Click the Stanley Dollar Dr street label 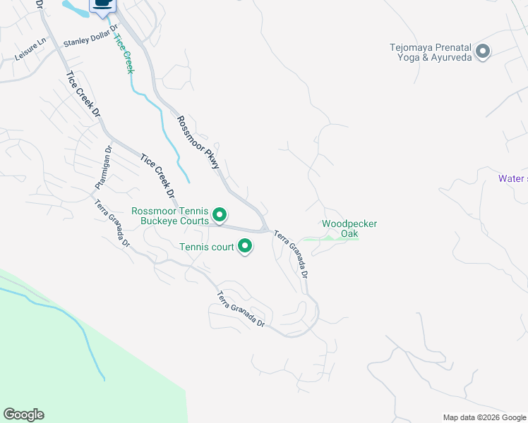point(90,42)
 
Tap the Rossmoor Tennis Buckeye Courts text point(170,216)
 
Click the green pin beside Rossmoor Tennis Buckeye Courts point(220,214)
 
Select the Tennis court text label point(206,247)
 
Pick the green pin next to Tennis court point(245,246)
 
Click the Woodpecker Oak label point(349,228)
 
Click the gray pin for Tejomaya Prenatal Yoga point(483,51)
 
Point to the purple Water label point(512,178)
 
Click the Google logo point(23,415)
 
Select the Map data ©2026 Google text point(484,417)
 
